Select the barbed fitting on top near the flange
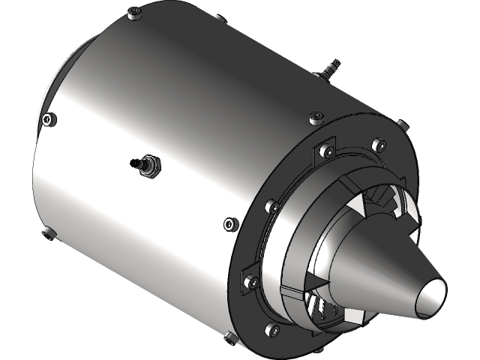(x=328, y=72)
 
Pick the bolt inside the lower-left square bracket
(x=250, y=283)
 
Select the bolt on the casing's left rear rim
(x=49, y=118)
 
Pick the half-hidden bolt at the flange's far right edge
(x=399, y=121)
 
